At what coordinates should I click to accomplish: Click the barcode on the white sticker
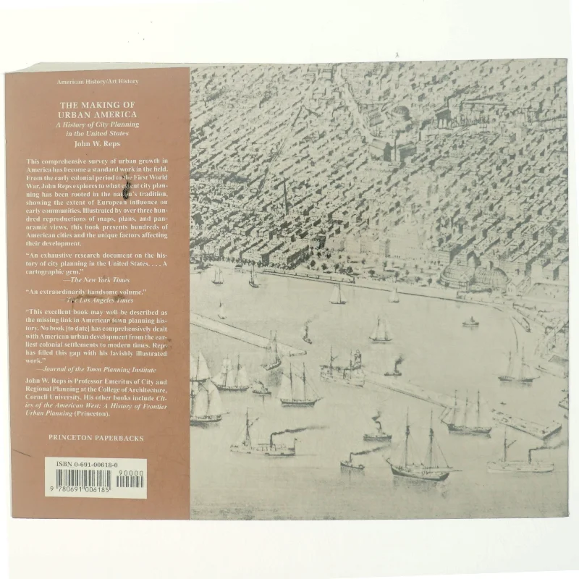83,479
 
